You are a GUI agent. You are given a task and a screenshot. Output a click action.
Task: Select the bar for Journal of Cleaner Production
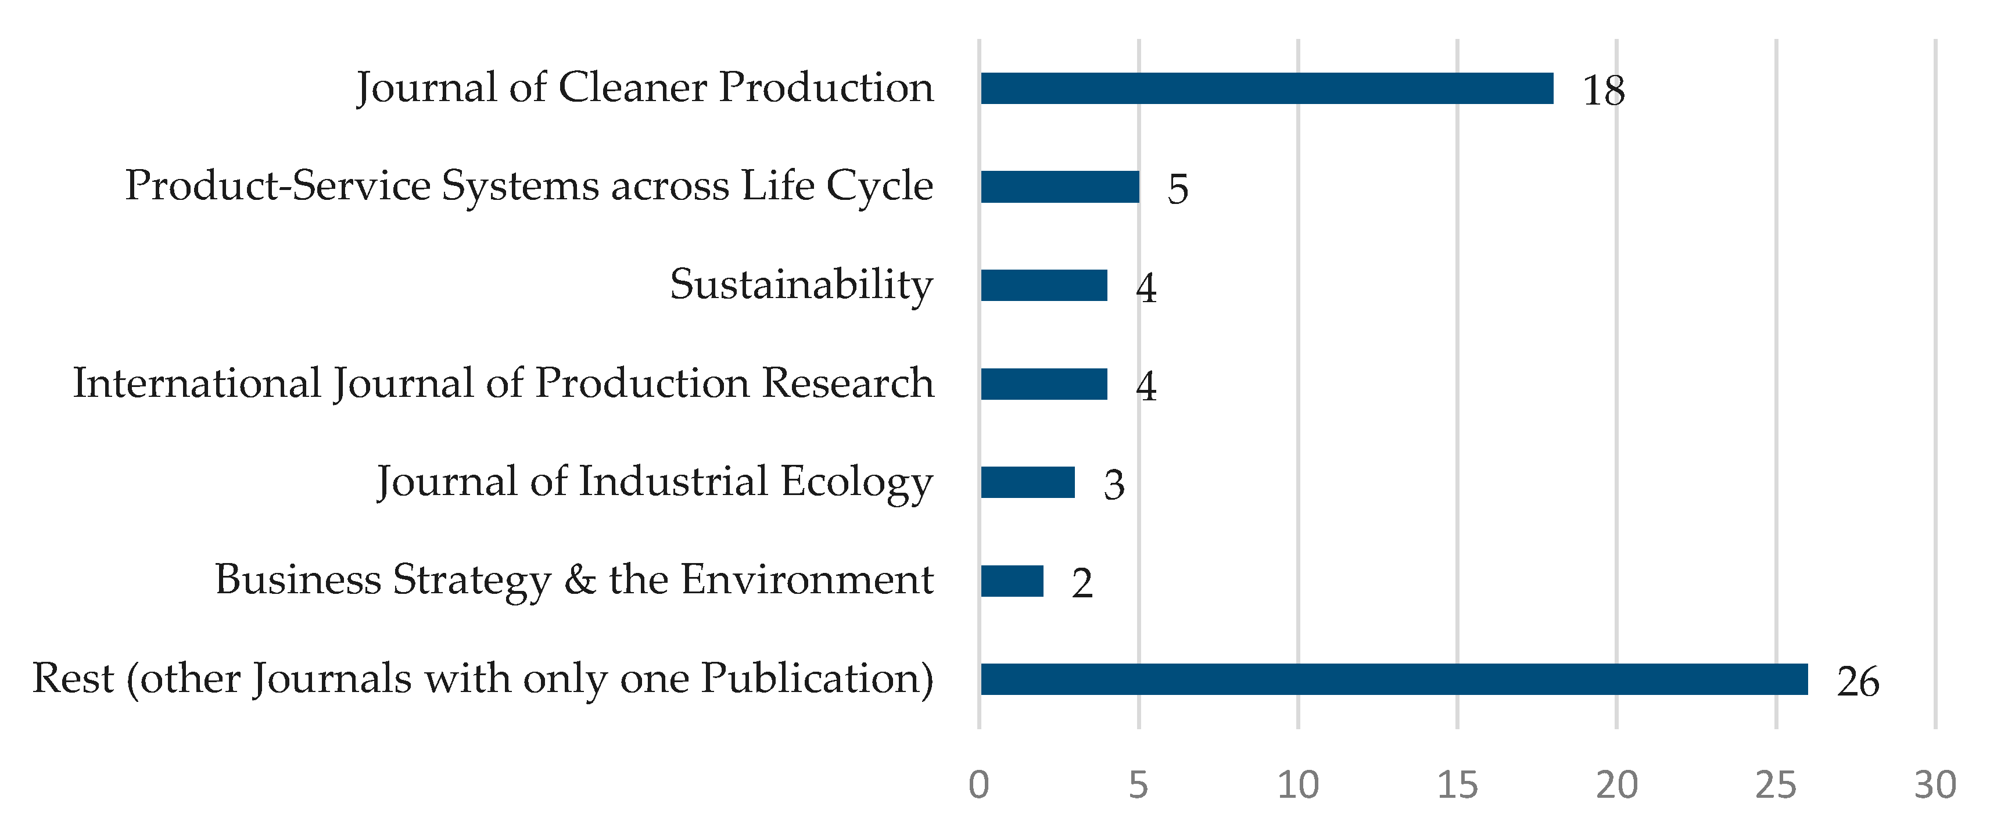pos(1267,88)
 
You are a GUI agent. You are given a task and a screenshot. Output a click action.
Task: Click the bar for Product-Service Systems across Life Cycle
pos(1060,187)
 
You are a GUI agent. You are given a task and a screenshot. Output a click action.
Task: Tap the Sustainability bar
pos(1044,285)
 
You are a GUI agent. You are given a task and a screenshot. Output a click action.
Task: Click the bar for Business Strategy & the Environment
pos(1012,582)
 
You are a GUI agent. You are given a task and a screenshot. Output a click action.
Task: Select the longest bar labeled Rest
pos(1394,680)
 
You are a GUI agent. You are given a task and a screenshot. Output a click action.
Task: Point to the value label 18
pos(1604,91)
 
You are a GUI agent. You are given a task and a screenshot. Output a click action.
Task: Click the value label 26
pos(1858,683)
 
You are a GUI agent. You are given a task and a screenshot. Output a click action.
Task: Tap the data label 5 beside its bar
pos(1178,189)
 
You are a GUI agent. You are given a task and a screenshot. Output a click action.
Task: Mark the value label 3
pos(1114,486)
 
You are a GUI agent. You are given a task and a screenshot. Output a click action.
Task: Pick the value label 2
pos(1082,584)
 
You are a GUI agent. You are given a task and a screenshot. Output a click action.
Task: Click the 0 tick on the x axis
pos(979,785)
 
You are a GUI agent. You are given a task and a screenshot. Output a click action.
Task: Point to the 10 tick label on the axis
pos(1298,785)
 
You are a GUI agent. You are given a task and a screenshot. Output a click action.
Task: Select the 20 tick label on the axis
pos(1617,785)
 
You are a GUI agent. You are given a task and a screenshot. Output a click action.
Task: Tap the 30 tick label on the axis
pos(1935,785)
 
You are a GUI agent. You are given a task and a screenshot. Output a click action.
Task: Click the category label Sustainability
pos(801,285)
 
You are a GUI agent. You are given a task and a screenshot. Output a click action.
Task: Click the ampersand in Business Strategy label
pos(580,580)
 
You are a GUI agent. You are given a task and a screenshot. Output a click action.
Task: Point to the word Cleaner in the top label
pos(632,87)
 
